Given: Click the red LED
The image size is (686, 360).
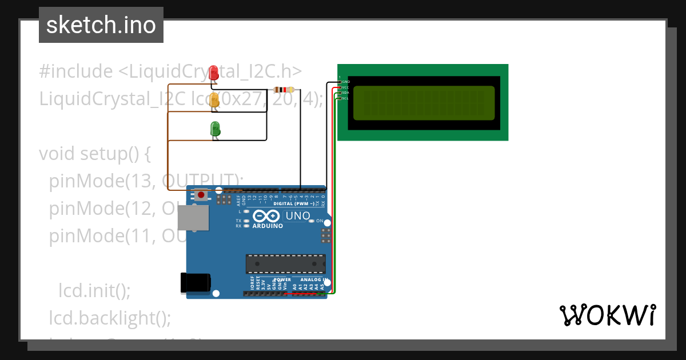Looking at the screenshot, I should [214, 73].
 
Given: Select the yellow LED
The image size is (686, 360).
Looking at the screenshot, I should [214, 100].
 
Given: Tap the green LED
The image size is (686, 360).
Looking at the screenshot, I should [216, 128].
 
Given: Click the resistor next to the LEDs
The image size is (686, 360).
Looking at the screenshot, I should [284, 90].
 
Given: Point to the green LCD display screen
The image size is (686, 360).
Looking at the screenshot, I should [424, 103].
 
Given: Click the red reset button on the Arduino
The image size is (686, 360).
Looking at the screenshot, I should [201, 195].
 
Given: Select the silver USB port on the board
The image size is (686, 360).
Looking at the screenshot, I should [193, 218].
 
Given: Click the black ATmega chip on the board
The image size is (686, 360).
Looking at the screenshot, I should [285, 263].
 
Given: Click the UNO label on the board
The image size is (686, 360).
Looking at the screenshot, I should [297, 216].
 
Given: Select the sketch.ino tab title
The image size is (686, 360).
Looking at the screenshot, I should [101, 25].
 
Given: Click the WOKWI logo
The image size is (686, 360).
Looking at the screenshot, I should [607, 315].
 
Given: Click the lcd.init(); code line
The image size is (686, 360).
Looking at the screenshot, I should [95, 291].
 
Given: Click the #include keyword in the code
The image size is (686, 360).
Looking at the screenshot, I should [76, 71].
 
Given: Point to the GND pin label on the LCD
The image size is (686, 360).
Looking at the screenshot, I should [346, 82].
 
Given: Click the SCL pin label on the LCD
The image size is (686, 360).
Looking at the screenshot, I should [345, 98].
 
